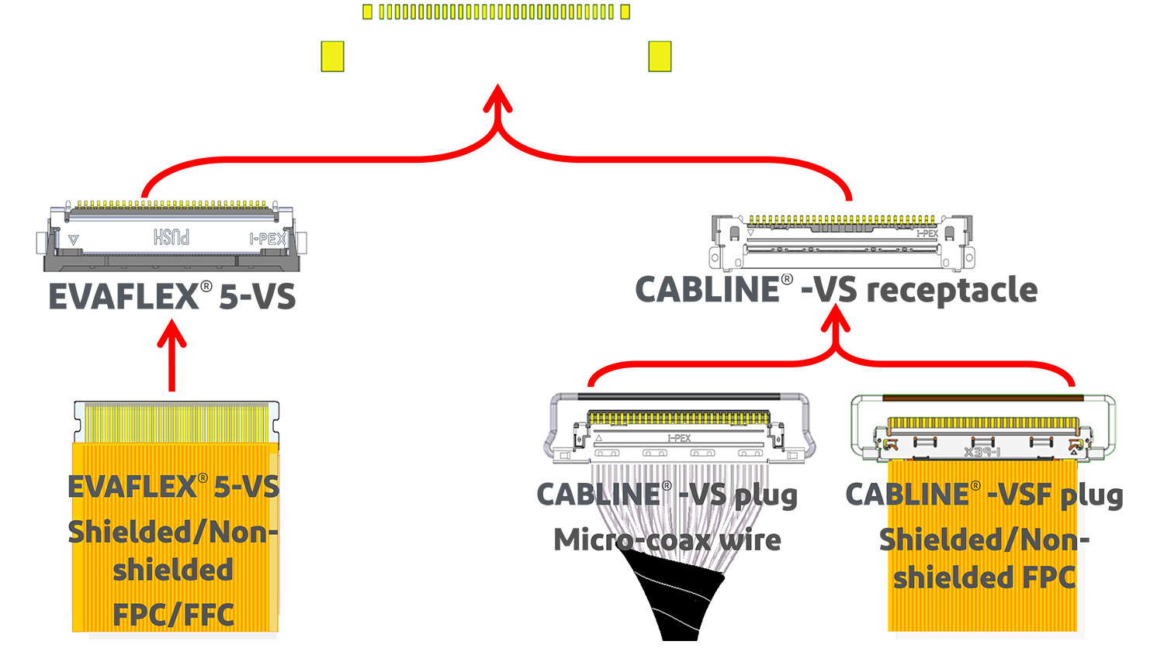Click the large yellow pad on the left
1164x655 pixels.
click(332, 57)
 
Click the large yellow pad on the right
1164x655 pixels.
click(660, 57)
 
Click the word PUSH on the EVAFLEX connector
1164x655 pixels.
click(171, 237)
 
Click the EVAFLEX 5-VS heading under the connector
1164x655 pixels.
click(171, 297)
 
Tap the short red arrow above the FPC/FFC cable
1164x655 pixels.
click(171, 357)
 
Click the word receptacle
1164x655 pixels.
click(951, 291)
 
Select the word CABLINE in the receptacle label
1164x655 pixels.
click(707, 290)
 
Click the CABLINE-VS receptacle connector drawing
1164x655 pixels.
click(841, 242)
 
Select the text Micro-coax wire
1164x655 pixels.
click(667, 540)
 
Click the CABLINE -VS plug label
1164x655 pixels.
click(667, 495)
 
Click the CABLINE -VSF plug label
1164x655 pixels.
click(983, 495)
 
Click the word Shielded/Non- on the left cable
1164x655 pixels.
click(172, 533)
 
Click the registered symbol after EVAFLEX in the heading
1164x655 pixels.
click(206, 286)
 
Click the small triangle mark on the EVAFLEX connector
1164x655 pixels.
click(73, 240)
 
